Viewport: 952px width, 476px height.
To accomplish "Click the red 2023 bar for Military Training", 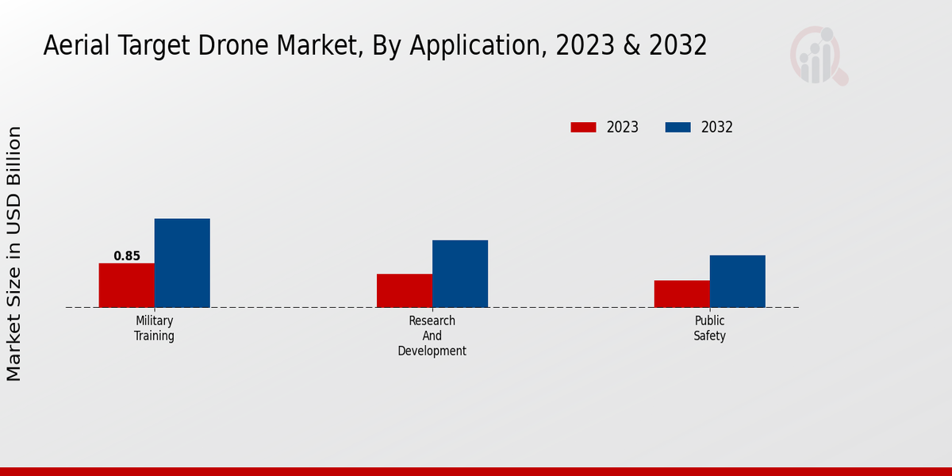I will point(127,285).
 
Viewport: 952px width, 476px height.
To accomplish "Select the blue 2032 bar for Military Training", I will point(182,263).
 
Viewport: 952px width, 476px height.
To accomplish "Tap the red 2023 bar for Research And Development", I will point(405,290).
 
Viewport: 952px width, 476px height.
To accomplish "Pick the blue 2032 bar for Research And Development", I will point(460,274).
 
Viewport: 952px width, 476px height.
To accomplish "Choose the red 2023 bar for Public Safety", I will point(682,294).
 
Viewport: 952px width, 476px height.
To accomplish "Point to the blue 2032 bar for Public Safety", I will point(738,281).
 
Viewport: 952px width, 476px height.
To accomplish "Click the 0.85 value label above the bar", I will point(127,256).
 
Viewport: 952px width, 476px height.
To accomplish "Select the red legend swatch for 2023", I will point(583,127).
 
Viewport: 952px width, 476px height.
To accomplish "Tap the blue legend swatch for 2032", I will point(678,127).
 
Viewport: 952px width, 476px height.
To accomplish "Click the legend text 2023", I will point(623,127).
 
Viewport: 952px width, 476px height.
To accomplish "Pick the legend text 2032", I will point(717,127).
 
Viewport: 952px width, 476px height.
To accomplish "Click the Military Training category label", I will point(154,328).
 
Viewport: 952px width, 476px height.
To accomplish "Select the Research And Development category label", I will point(432,336).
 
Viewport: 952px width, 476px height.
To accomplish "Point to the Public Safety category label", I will point(710,328).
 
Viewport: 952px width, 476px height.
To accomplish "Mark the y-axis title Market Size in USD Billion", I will point(14,254).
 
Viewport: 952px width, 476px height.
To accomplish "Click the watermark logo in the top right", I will point(819,56).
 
